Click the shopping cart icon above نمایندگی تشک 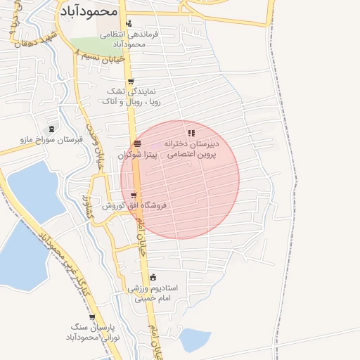click(131, 81)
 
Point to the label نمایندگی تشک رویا click(131, 96)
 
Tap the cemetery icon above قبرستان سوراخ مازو click(51, 129)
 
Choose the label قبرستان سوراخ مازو click(51, 140)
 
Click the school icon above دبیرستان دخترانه click(191, 133)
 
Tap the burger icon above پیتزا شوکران click(136, 143)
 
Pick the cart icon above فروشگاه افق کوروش click(134, 195)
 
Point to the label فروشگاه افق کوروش click(134, 206)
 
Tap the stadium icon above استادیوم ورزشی click(153, 276)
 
